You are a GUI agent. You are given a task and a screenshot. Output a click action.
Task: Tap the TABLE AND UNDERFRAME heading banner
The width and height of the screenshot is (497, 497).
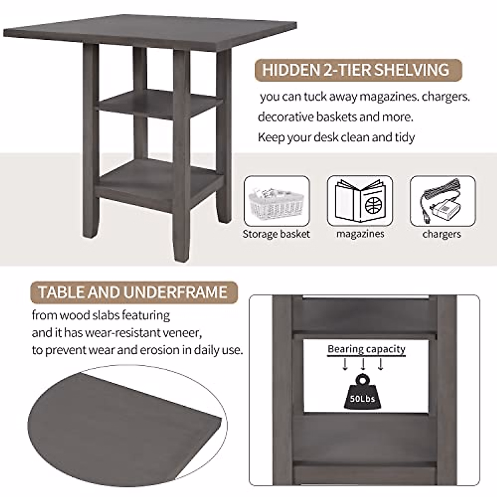click(x=133, y=292)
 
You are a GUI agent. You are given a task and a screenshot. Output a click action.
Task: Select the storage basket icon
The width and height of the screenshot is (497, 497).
click(x=277, y=201)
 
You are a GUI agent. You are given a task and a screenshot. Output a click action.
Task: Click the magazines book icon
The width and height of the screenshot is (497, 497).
click(x=359, y=201)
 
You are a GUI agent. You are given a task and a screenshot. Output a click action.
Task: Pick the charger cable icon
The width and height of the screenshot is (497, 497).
click(x=442, y=201)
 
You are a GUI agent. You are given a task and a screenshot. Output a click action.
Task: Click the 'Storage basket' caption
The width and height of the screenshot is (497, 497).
click(x=276, y=234)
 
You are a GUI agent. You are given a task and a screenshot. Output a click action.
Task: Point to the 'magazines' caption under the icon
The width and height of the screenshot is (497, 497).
click(x=360, y=234)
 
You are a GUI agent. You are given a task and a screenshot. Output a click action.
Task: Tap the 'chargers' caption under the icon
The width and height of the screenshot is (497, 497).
click(x=442, y=234)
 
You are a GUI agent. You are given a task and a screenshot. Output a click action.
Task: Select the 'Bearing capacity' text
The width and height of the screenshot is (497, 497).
click(x=366, y=349)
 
